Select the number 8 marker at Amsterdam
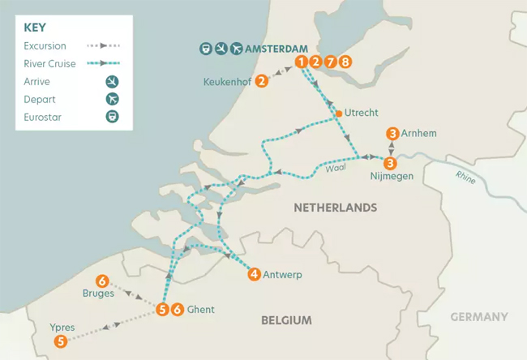346,62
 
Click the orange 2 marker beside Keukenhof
261,81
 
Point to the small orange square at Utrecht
339,114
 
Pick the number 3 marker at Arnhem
392,134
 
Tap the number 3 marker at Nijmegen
391,161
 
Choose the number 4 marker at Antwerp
255,275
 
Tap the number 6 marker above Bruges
103,281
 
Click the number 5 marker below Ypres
62,342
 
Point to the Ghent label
200,309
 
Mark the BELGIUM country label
286,321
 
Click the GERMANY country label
480,317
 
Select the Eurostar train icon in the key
112,117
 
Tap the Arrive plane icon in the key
112,81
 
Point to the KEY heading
35,28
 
